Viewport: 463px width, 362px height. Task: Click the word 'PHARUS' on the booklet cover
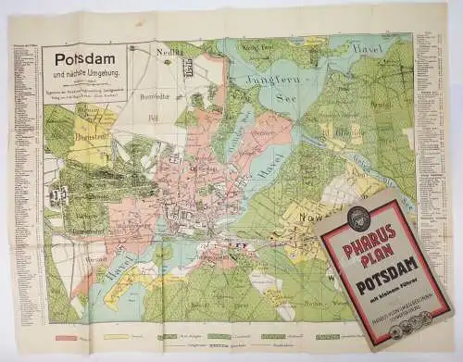pos(374,231)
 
